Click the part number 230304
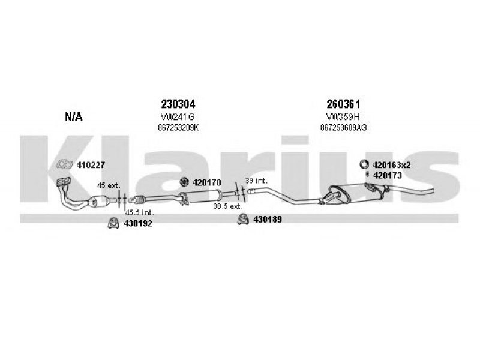click(x=178, y=104)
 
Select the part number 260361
click(x=343, y=104)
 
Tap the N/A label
click(x=74, y=116)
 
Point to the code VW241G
click(x=177, y=116)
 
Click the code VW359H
click(x=343, y=116)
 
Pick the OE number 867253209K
click(x=178, y=128)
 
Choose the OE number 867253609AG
click(x=343, y=128)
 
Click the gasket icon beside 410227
click(x=64, y=164)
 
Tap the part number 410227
click(x=91, y=165)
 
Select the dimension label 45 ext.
click(x=109, y=185)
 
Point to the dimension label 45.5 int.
click(x=140, y=212)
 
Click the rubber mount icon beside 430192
click(x=113, y=223)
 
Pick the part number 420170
click(x=206, y=182)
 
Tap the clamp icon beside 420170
click(x=184, y=182)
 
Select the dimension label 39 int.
click(x=256, y=181)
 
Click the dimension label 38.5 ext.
click(x=228, y=206)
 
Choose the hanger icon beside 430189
click(x=243, y=219)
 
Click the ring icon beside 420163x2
click(x=364, y=164)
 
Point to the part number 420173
click(x=387, y=175)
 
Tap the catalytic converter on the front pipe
click(x=98, y=202)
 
